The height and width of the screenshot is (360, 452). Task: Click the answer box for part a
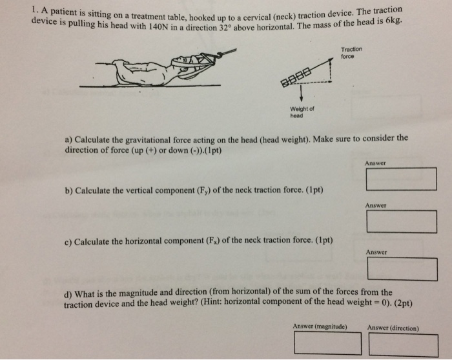[401, 179]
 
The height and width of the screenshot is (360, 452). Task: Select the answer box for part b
[402, 221]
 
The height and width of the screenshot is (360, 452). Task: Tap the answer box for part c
[402, 269]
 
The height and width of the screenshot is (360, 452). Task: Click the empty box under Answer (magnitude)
[328, 343]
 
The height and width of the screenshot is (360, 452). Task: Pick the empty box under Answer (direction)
[404, 345]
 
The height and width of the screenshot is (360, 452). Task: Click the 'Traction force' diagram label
[351, 53]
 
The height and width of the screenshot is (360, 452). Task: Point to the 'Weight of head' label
[302, 112]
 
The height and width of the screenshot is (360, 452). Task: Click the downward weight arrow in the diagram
[302, 94]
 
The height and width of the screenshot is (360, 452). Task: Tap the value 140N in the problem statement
[158, 27]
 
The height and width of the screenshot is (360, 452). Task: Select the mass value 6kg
[394, 21]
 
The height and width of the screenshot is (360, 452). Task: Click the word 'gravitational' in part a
[148, 140]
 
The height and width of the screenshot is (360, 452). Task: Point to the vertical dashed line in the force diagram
[331, 70]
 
